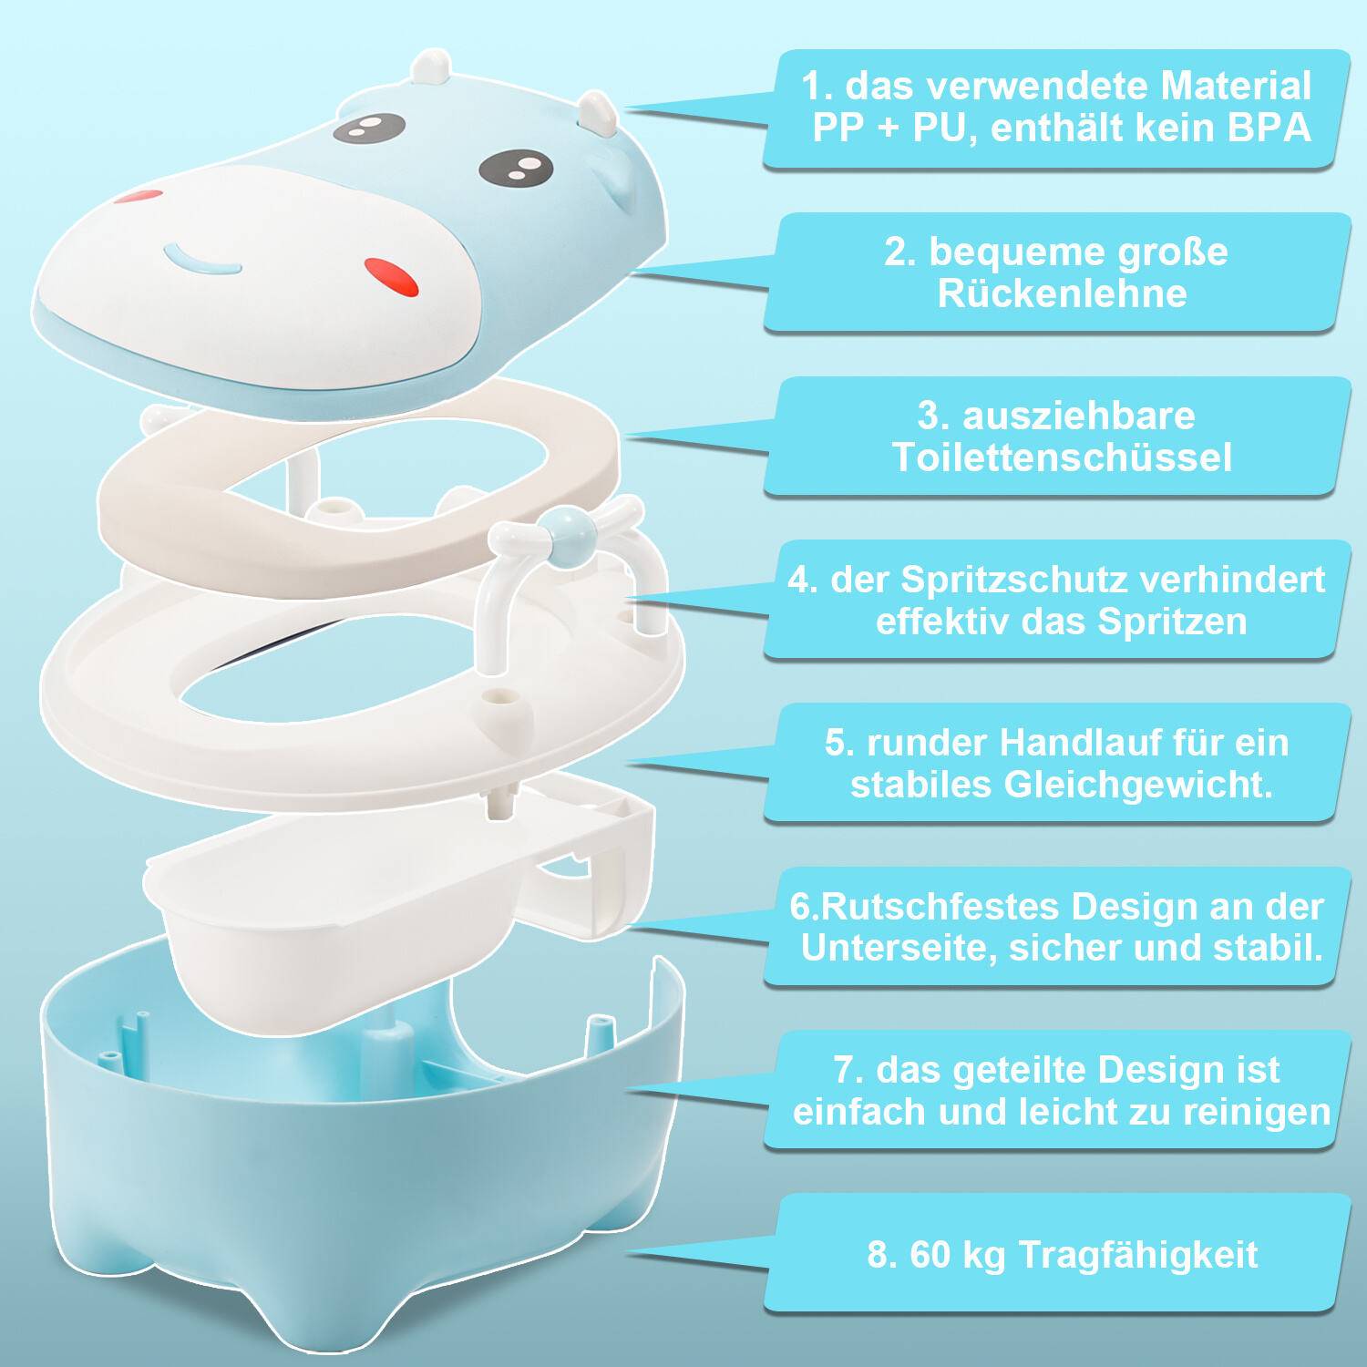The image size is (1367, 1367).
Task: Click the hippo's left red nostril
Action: click(139, 196)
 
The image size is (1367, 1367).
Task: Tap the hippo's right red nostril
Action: click(392, 276)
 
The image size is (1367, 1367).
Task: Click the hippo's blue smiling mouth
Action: click(203, 261)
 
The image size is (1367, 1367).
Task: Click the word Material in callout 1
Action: click(1235, 87)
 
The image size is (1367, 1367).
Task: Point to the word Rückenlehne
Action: click(1062, 293)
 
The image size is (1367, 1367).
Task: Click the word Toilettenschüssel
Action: click(1062, 457)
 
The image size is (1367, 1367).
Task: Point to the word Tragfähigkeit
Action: click(1137, 1255)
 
